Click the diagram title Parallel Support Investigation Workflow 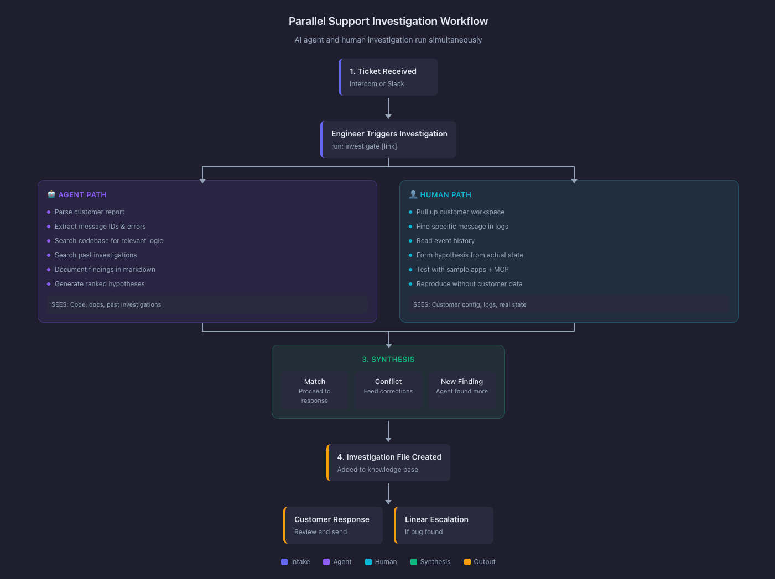[x=388, y=21]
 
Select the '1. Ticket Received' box [x=388, y=77]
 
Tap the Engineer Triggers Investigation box [x=388, y=139]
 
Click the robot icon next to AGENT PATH [x=51, y=194]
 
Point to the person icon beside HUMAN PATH [x=413, y=194]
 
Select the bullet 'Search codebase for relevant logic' [x=108, y=241]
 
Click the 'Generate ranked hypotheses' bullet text [x=100, y=284]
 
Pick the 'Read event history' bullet [x=445, y=241]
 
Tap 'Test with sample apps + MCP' [x=462, y=270]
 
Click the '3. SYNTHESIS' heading [x=388, y=359]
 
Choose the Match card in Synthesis [x=314, y=390]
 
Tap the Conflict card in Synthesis [x=388, y=390]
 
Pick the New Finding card [x=462, y=390]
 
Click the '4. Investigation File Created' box [x=388, y=462]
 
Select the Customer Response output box [x=333, y=525]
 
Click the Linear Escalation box [x=444, y=525]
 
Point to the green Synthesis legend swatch [x=414, y=562]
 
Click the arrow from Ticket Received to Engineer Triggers [x=388, y=108]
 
